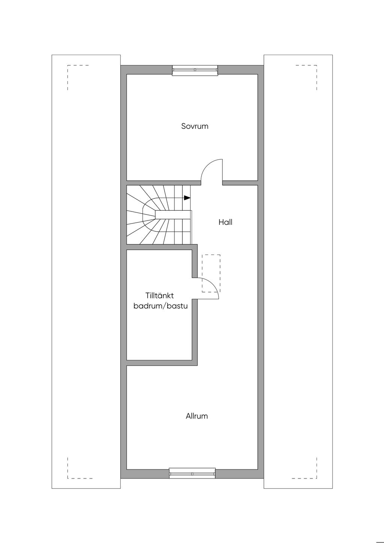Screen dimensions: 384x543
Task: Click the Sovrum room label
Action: click(x=195, y=126)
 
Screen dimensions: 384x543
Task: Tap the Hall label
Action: click(x=225, y=222)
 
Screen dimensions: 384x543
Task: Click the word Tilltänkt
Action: click(x=160, y=295)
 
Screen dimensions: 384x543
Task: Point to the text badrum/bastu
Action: click(x=161, y=306)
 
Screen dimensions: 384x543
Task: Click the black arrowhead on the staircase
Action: click(x=187, y=198)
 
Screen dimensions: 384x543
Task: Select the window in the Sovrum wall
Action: click(x=195, y=70)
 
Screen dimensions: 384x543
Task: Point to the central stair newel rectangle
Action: click(x=173, y=214)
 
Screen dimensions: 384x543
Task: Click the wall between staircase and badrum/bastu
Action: click(x=162, y=247)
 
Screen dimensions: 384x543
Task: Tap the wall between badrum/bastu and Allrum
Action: click(x=162, y=363)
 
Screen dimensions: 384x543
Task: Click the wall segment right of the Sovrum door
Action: click(x=240, y=183)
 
